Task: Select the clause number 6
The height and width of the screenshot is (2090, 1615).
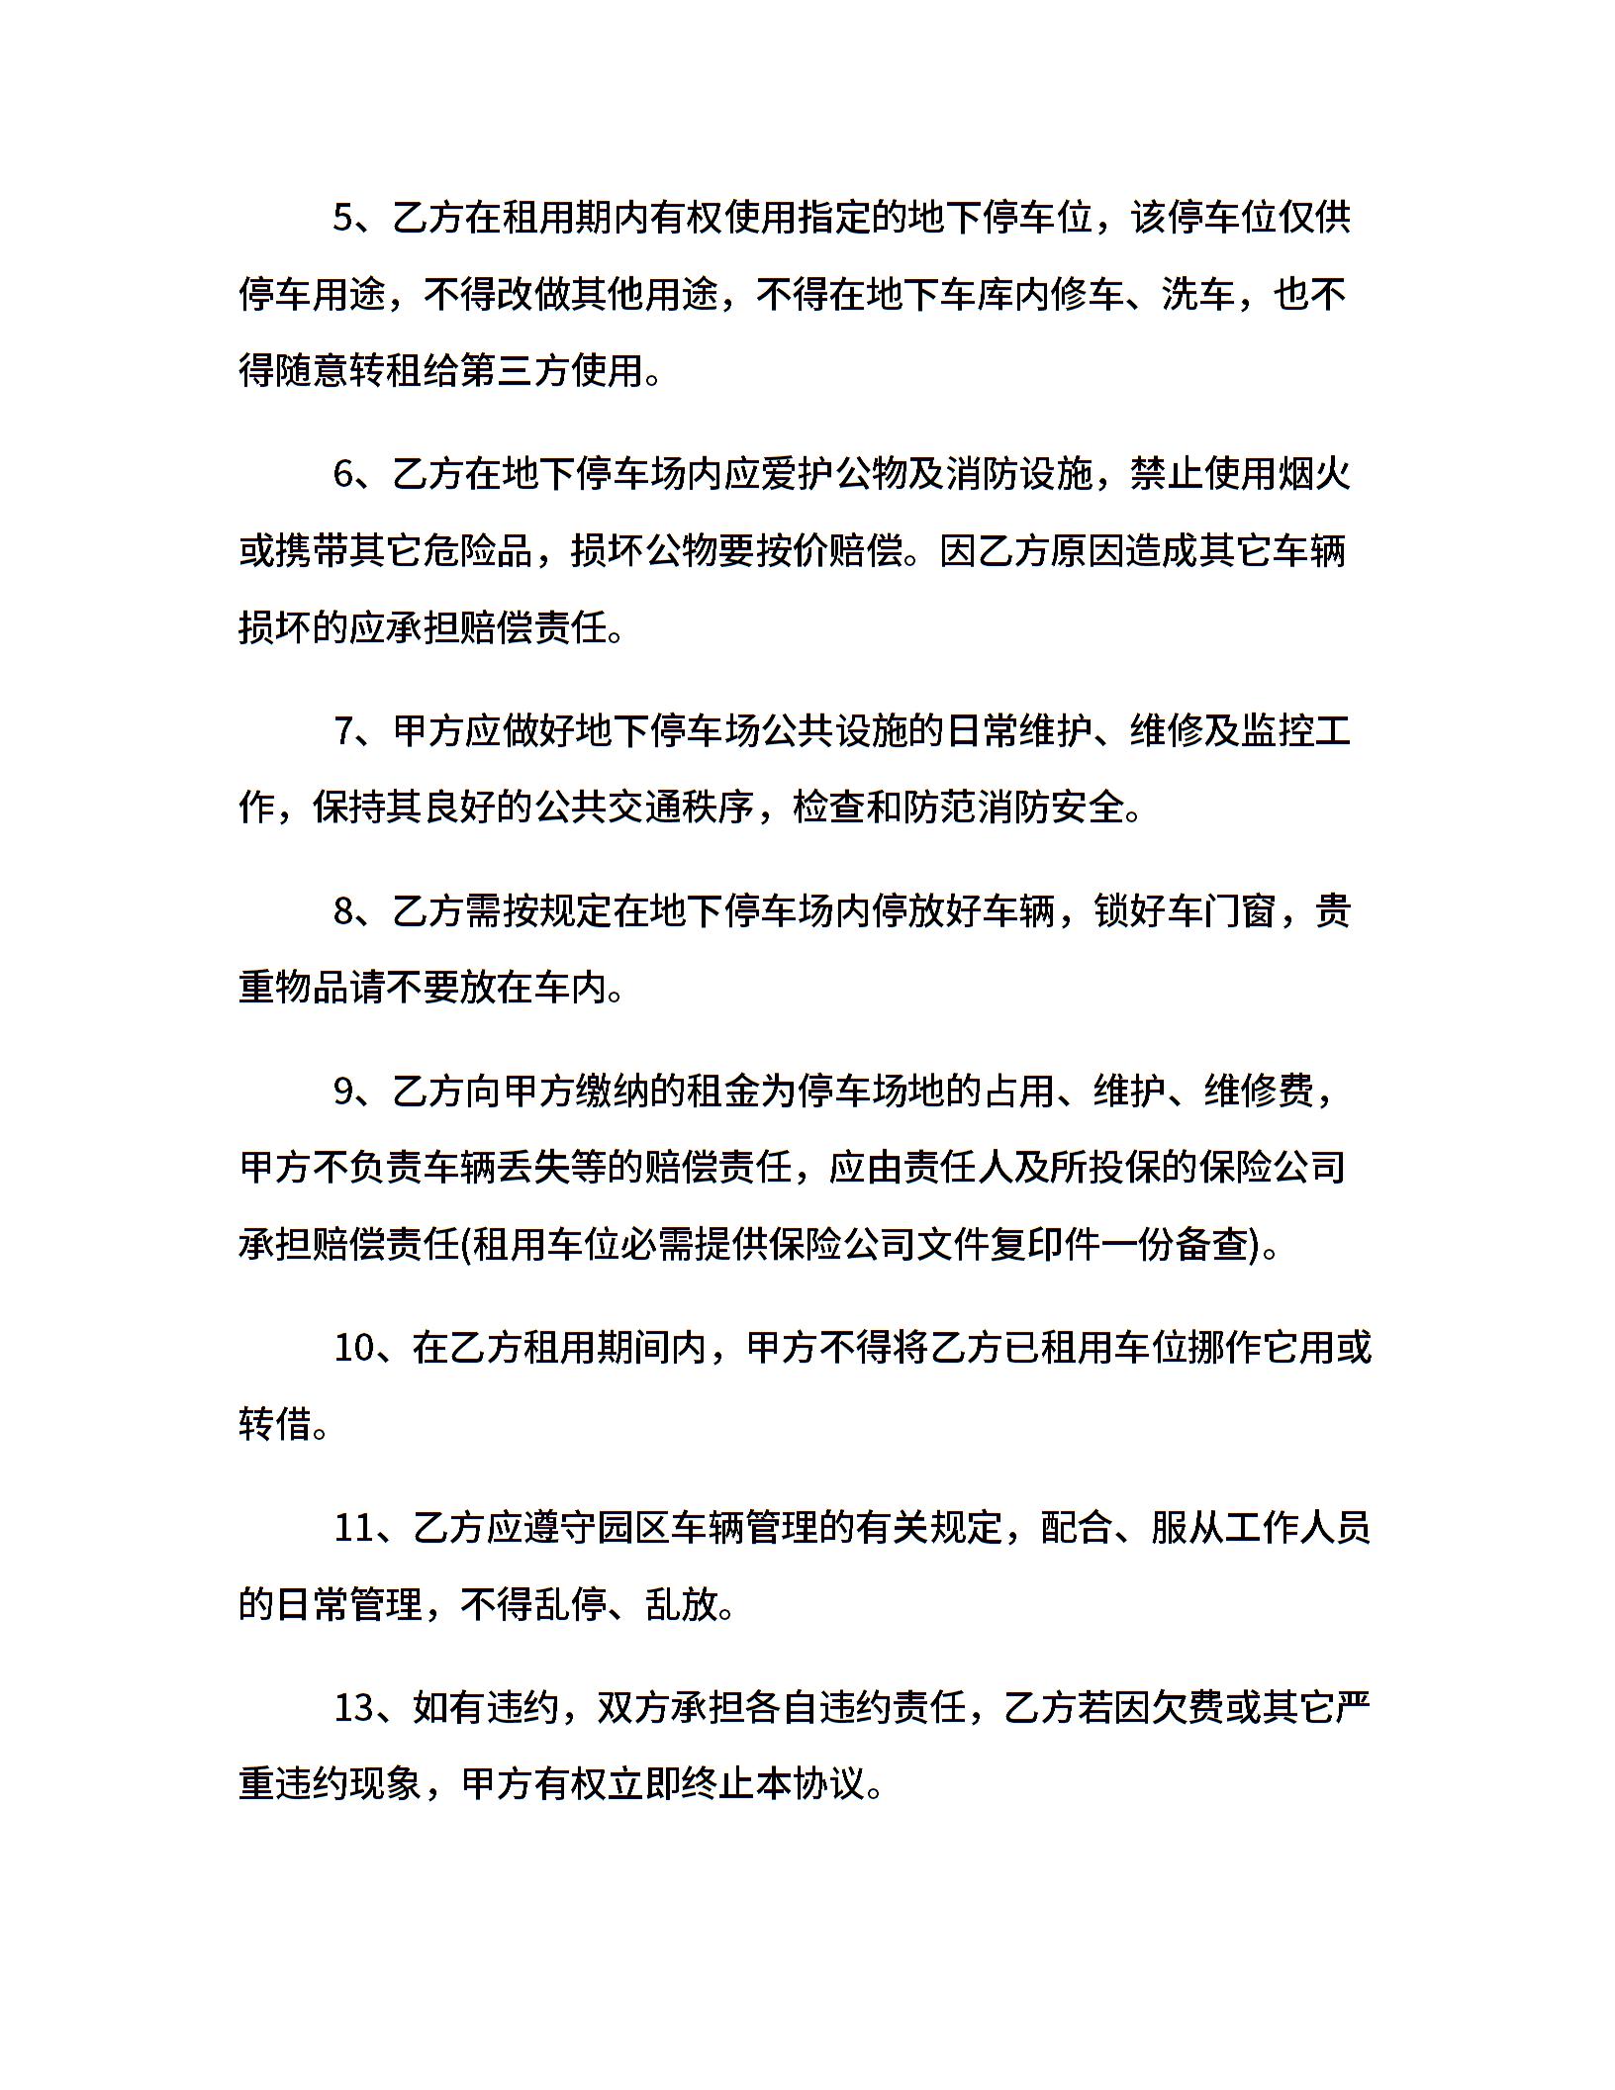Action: [343, 475]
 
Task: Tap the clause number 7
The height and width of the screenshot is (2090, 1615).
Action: [343, 732]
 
